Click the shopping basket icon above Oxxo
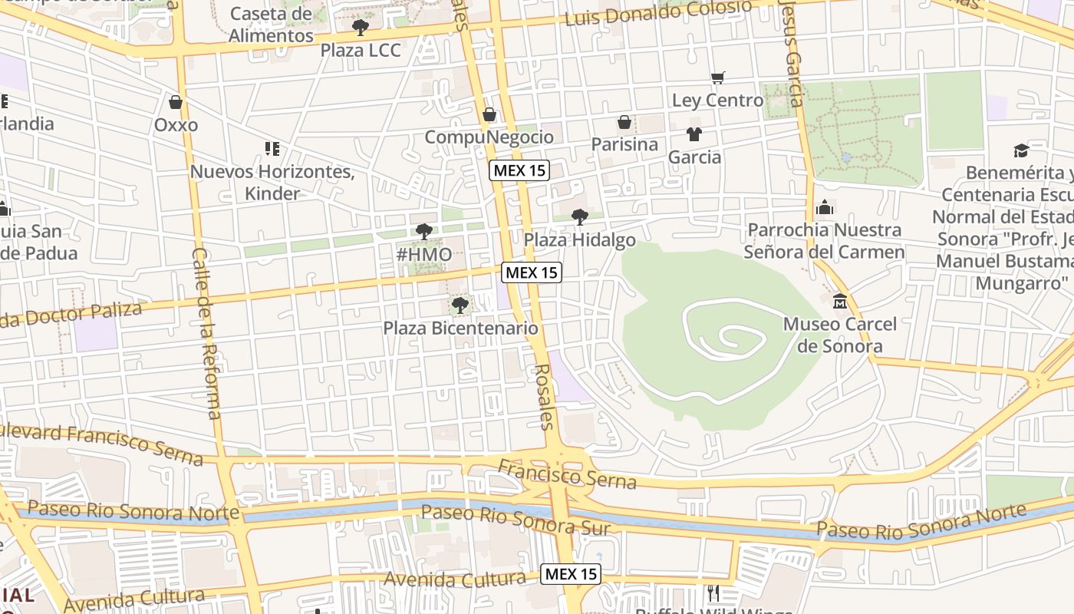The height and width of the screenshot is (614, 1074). click(x=176, y=102)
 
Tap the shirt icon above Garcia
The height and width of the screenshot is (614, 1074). click(x=694, y=134)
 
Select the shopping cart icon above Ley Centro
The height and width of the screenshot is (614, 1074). click(x=718, y=78)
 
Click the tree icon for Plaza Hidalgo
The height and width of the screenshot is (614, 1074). click(x=580, y=217)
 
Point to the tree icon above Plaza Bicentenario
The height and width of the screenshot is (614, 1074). click(x=460, y=305)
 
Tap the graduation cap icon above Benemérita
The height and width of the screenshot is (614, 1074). click(x=1020, y=150)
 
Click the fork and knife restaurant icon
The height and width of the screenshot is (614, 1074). click(x=713, y=592)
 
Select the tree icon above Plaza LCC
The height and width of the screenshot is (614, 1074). click(x=361, y=28)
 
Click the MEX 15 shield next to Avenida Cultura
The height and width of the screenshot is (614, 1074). click(x=570, y=574)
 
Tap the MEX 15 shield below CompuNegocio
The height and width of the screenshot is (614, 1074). click(x=520, y=170)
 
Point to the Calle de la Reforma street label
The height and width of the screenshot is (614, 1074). click(x=207, y=333)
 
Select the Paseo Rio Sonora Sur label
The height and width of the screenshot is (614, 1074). click(x=516, y=520)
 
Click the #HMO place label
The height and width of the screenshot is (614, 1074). click(x=423, y=254)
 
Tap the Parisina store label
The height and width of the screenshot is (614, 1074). click(x=624, y=144)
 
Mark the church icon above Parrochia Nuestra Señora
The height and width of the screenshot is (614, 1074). click(x=825, y=207)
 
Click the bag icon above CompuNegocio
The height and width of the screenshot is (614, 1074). click(x=489, y=115)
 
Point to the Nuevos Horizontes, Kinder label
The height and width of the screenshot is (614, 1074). click(x=272, y=182)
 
